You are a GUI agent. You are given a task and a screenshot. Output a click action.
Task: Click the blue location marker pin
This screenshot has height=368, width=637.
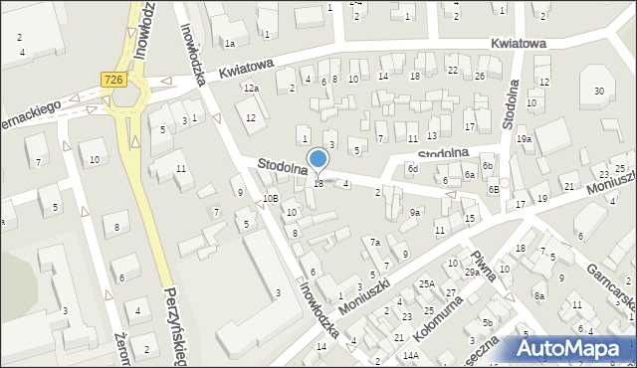(318, 160)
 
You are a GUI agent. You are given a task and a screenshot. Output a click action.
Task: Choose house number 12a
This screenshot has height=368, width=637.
(251, 90)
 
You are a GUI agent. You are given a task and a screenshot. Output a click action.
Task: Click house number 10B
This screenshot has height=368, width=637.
(270, 199)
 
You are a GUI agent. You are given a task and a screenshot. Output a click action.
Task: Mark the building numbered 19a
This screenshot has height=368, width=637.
(524, 140)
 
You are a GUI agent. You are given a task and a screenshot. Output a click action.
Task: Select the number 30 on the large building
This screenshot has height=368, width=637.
(598, 92)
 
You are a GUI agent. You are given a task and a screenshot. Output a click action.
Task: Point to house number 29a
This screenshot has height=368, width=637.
(472, 272)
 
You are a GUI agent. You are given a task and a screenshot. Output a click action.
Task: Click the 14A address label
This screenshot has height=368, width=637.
(410, 355)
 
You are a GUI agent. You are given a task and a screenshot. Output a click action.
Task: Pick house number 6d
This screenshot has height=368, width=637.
(412, 169)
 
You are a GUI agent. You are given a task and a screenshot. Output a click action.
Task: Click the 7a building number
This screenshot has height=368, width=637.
(375, 243)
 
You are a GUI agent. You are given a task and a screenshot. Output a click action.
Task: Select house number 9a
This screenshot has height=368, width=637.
(416, 212)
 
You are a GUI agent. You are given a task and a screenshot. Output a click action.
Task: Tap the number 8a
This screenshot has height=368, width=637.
(538, 296)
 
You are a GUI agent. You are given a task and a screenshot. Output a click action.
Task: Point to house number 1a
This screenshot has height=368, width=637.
(229, 44)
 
